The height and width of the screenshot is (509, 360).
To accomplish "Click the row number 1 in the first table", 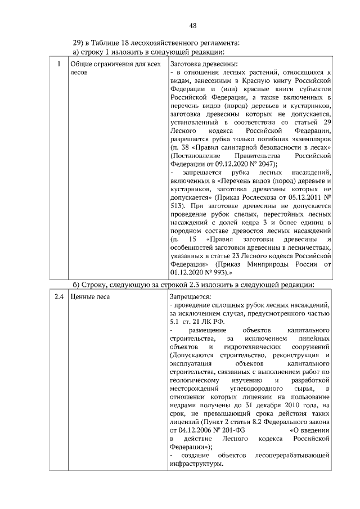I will point(59,64).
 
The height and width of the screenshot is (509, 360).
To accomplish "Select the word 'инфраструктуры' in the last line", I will point(195,464).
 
